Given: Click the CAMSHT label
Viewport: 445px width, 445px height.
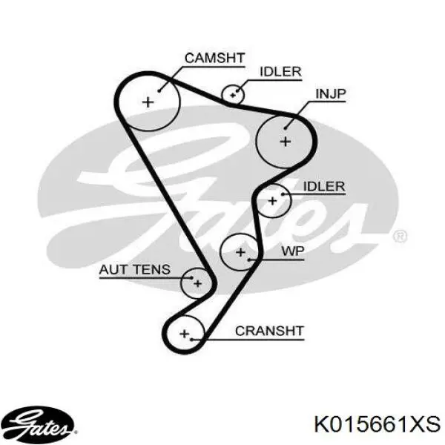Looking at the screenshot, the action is (x=214, y=58).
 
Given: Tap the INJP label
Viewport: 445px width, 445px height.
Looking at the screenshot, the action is (x=331, y=93).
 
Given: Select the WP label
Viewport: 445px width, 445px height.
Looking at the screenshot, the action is (x=293, y=251).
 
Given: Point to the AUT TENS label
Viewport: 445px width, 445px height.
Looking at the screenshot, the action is (x=135, y=269).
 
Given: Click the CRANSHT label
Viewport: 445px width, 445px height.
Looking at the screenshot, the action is (x=270, y=331).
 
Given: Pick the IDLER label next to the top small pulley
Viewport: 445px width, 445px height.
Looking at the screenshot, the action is (x=280, y=71).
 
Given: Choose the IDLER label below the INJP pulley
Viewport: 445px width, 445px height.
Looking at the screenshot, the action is (x=324, y=186).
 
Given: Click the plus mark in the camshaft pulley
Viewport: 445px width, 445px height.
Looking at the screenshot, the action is (x=148, y=102).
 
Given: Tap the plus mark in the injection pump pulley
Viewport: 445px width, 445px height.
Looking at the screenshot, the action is (x=286, y=142).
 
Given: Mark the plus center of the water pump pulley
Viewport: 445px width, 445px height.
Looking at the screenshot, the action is (x=240, y=252).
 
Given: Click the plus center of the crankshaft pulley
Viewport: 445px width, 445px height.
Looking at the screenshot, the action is (x=185, y=334).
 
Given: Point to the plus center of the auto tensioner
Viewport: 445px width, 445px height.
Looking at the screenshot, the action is (x=198, y=283).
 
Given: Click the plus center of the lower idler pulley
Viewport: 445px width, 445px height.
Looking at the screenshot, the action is (x=272, y=201).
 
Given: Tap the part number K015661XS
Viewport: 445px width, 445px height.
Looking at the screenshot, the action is (x=378, y=424).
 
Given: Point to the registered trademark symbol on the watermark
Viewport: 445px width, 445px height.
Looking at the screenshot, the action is (x=400, y=236).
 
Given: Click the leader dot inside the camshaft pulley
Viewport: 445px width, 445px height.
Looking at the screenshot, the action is (x=159, y=90).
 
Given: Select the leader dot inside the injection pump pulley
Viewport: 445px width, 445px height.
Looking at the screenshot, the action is (x=286, y=128).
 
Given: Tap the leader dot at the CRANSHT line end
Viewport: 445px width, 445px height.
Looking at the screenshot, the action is (x=192, y=340).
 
